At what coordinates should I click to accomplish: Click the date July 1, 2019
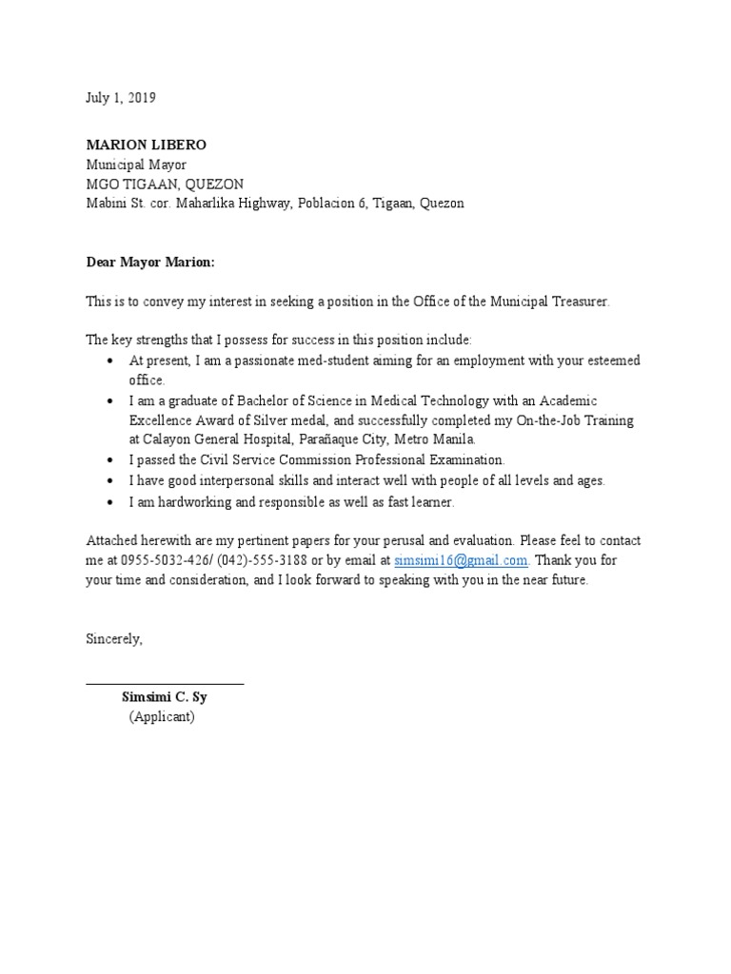[121, 98]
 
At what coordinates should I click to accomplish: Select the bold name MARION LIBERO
[146, 145]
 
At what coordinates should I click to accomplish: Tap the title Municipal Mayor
[136, 165]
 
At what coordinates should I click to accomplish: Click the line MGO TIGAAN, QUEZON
[165, 184]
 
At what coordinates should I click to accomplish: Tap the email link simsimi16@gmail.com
[461, 560]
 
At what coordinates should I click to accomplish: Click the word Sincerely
[114, 638]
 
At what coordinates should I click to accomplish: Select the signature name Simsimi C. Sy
[158, 697]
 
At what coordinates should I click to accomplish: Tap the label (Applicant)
[162, 717]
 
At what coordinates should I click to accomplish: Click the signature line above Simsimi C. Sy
[165, 683]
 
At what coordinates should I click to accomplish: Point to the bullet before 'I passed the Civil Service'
[111, 460]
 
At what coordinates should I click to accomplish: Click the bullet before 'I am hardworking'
[111, 501]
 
